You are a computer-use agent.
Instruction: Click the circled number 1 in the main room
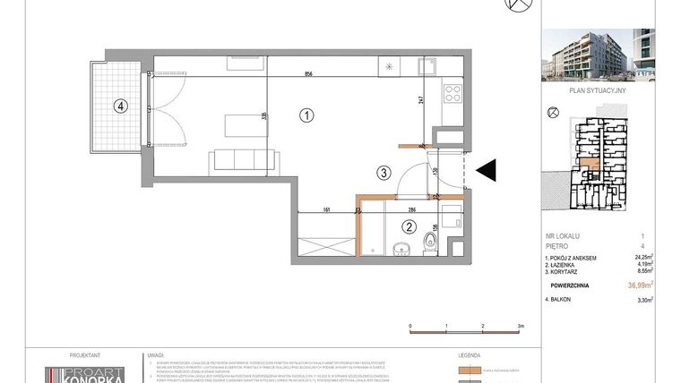pos(306,115)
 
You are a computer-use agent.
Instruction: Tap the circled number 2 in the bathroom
pos(409,227)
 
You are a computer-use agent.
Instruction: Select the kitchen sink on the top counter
pos(428,66)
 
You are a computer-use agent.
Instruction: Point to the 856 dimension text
pos(307,75)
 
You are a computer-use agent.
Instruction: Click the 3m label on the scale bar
pos(521,327)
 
